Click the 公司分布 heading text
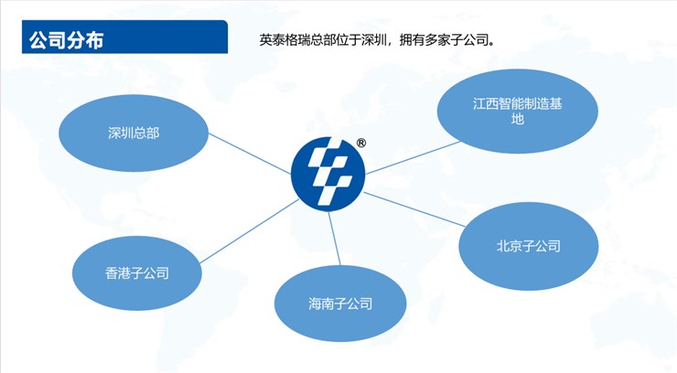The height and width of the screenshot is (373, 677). (x=67, y=40)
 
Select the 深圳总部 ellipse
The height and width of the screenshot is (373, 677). (x=134, y=133)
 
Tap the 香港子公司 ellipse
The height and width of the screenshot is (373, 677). (x=137, y=273)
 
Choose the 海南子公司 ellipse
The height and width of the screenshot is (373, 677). (x=340, y=304)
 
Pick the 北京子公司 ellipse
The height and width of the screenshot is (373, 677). (x=529, y=246)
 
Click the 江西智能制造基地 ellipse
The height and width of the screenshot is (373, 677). (x=517, y=111)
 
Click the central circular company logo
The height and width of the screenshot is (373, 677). (x=328, y=175)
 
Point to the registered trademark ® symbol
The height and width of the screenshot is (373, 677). (x=361, y=144)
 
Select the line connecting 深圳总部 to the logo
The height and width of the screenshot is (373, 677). (x=250, y=154)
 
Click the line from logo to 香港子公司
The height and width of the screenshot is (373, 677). (x=249, y=231)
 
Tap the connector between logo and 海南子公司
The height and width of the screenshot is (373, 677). (x=334, y=239)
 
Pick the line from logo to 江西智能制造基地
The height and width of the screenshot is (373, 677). (x=413, y=158)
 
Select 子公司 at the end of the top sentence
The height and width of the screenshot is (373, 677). (x=469, y=40)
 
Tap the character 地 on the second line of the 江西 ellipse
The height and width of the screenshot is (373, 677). (x=517, y=119)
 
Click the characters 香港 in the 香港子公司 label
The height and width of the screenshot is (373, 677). (x=117, y=273)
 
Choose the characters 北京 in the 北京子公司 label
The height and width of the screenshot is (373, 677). (x=509, y=246)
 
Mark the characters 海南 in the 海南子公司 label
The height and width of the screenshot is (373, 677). (x=321, y=304)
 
